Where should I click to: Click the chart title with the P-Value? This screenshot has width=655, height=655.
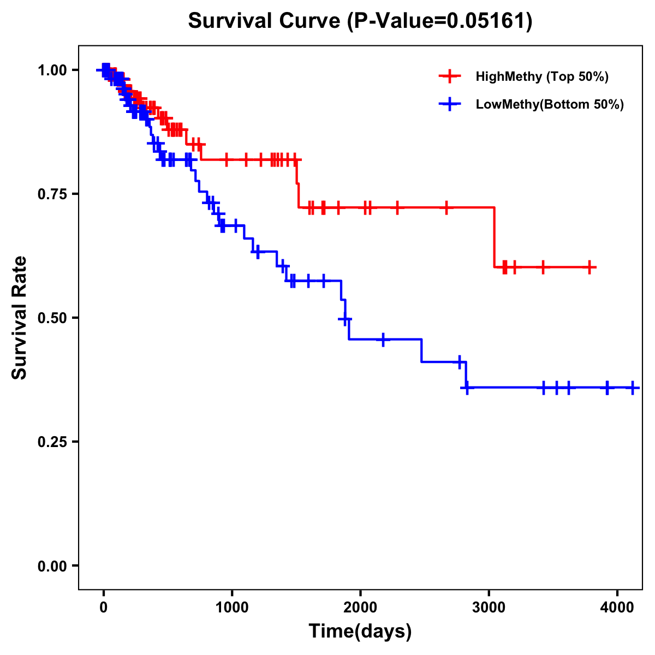point(360,21)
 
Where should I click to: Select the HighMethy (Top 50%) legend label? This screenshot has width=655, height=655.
point(541,76)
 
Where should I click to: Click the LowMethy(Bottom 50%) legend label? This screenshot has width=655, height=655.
point(550,104)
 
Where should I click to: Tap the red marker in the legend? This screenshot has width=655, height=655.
point(450,76)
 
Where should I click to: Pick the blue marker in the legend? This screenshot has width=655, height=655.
point(450,104)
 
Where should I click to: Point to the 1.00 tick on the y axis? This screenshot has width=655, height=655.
point(52,70)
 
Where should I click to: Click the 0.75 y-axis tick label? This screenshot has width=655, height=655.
point(52,194)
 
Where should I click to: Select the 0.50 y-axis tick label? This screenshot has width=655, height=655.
point(52,318)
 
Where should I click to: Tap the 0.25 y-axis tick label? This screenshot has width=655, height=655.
point(52,442)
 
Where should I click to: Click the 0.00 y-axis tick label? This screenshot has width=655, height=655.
point(52,565)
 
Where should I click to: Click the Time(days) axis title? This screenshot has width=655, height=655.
point(360,632)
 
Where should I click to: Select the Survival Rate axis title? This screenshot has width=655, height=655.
point(20,318)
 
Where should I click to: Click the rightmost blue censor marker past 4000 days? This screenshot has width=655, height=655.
point(633,388)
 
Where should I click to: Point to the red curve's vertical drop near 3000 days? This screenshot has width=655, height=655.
point(495,237)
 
